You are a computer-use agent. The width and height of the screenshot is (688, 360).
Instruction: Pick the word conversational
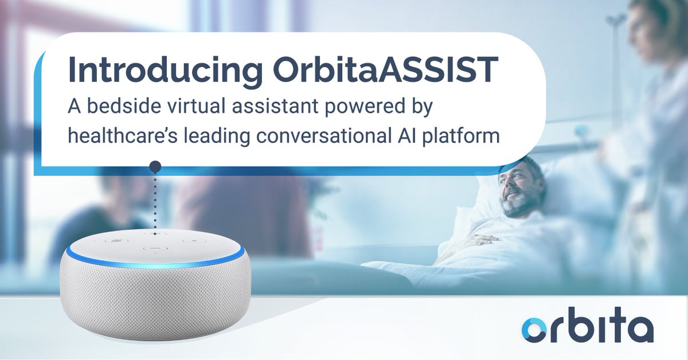click(310, 136)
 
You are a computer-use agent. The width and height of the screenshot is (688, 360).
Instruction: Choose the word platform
click(456, 136)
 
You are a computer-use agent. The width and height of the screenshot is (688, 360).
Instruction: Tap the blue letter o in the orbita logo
click(537, 330)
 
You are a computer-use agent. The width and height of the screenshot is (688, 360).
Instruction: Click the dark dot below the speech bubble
click(154, 167)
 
